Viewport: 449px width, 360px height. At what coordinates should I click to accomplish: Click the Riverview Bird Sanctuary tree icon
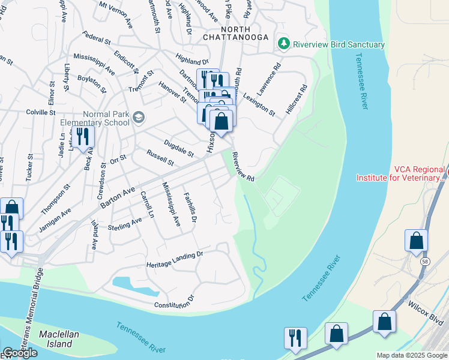[283, 44]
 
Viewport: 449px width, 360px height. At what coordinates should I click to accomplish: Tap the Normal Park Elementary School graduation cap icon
[139, 116]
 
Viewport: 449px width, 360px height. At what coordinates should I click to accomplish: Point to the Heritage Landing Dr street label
[175, 260]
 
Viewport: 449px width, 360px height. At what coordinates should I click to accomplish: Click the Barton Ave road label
[118, 197]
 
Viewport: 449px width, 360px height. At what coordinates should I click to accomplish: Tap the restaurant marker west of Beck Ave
[82, 136]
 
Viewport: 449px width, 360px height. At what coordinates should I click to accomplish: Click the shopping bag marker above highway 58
[416, 240]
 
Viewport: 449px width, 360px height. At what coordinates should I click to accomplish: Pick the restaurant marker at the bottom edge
[295, 338]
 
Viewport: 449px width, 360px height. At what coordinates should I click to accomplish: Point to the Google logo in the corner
[19, 353]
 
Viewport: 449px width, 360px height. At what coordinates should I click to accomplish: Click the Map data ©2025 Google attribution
[412, 355]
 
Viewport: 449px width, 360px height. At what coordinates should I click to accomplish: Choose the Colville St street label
[40, 112]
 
